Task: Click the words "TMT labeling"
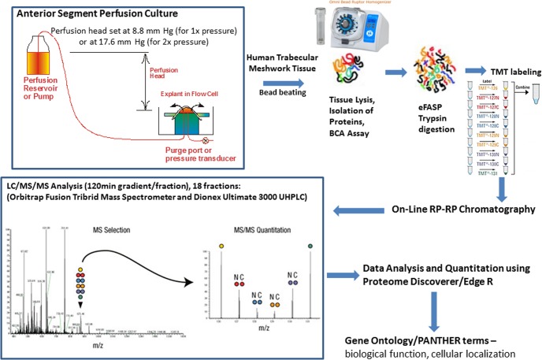pos(504,72)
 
